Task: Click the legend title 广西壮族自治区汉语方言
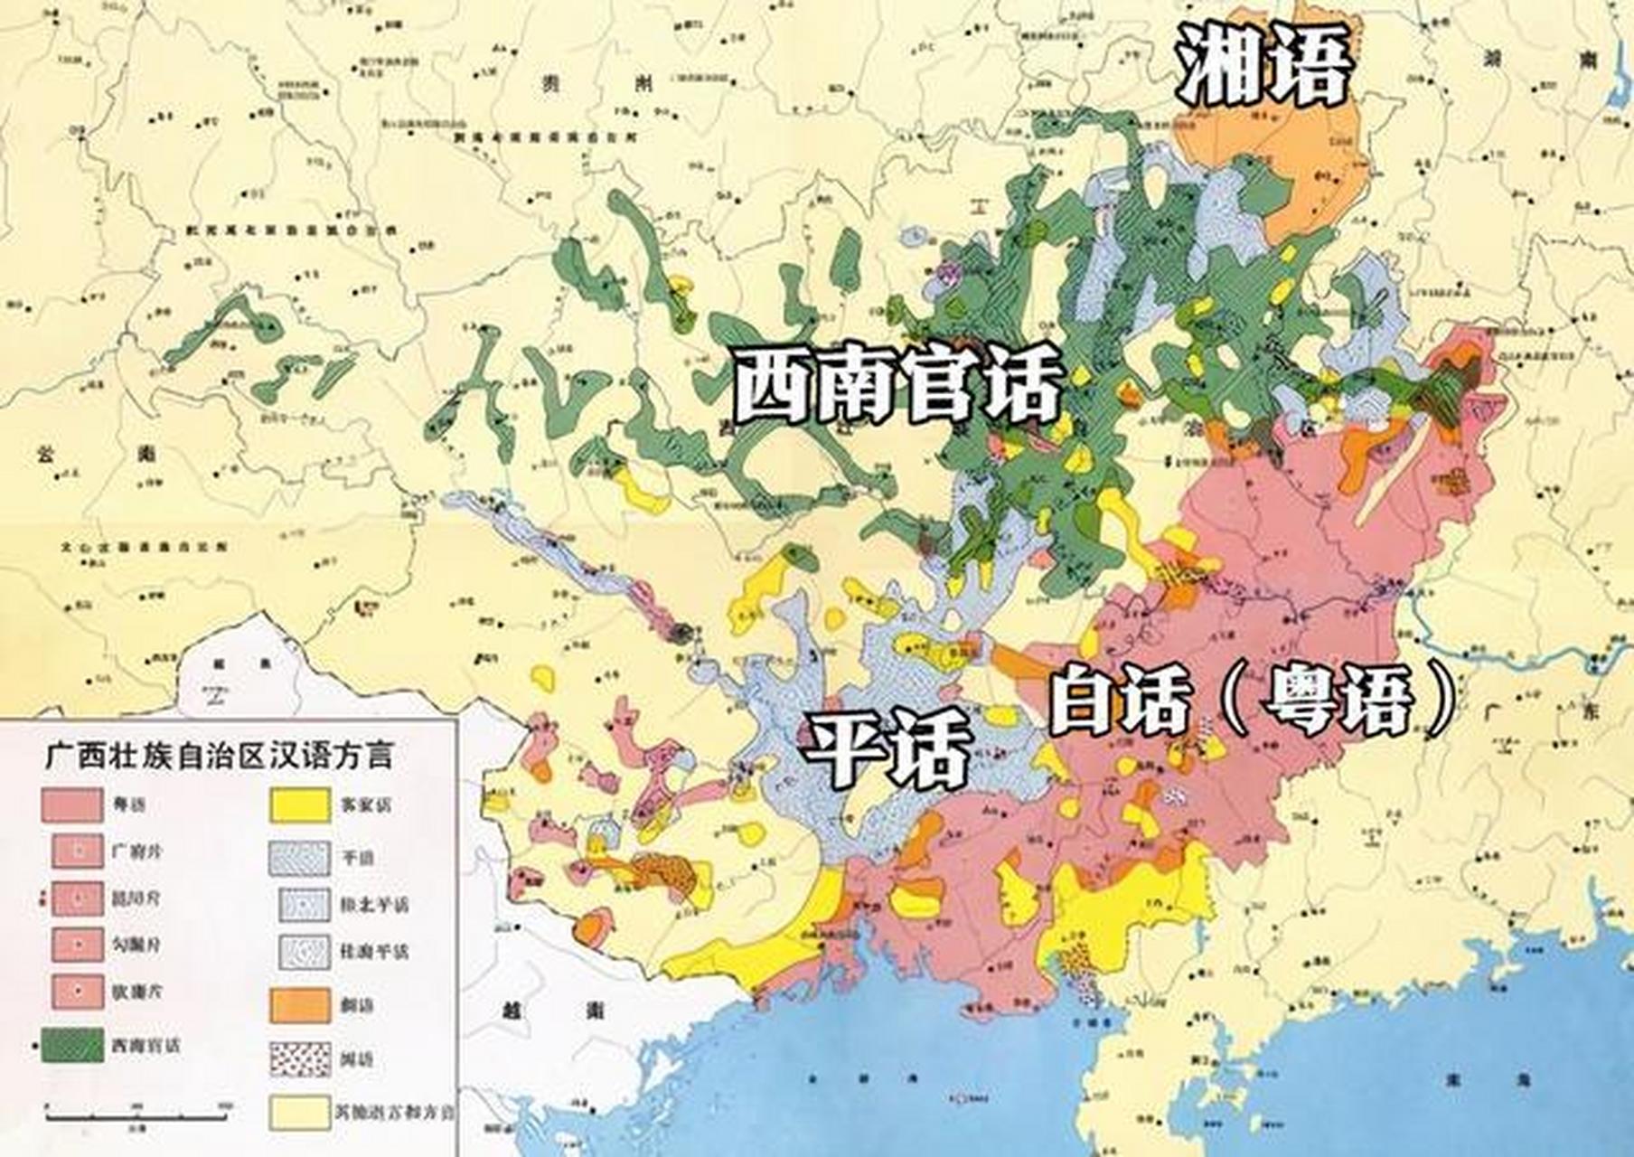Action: tap(220, 754)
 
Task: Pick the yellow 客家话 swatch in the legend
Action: tap(300, 804)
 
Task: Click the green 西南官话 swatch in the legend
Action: tap(72, 1045)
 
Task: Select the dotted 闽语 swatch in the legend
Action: tap(300, 1058)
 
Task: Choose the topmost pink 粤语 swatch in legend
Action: tap(71, 804)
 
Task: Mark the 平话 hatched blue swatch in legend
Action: tap(300, 857)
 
